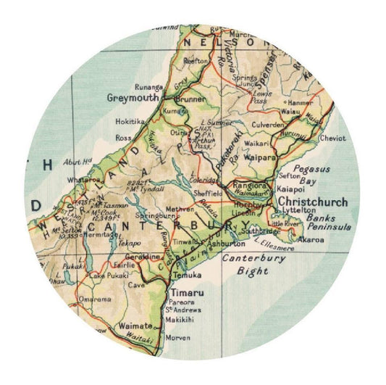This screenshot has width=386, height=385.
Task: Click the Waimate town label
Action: pyautogui.click(x=134, y=326)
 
